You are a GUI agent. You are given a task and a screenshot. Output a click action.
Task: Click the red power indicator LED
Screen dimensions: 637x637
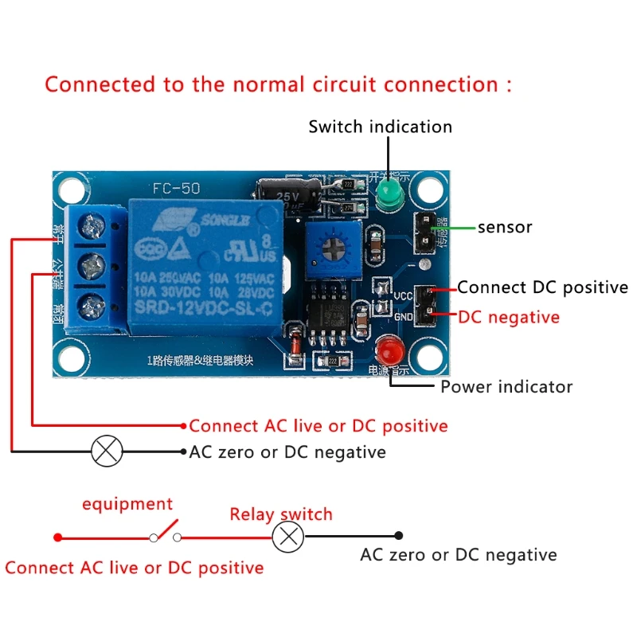click(x=389, y=351)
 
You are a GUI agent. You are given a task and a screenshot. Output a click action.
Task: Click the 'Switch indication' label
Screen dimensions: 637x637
click(x=380, y=127)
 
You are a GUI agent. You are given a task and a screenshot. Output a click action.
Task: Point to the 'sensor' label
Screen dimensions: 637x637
click(x=505, y=228)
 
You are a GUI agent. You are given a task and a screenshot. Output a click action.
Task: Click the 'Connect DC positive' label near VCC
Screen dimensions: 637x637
click(x=542, y=287)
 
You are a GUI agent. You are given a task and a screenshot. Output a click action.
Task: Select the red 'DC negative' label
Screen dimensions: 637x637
click(x=509, y=317)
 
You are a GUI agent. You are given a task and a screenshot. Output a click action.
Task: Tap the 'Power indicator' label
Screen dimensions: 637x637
click(x=506, y=387)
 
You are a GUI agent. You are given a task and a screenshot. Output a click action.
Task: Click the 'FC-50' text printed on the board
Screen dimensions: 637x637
click(x=176, y=190)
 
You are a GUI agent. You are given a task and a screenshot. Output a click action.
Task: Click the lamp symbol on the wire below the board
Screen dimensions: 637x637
click(x=107, y=451)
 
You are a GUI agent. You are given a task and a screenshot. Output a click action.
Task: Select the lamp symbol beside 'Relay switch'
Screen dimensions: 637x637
click(x=288, y=537)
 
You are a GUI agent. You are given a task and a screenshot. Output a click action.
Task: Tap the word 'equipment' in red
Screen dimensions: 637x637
click(x=127, y=504)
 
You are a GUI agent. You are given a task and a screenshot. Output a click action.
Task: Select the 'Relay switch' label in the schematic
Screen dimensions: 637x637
click(x=281, y=514)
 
